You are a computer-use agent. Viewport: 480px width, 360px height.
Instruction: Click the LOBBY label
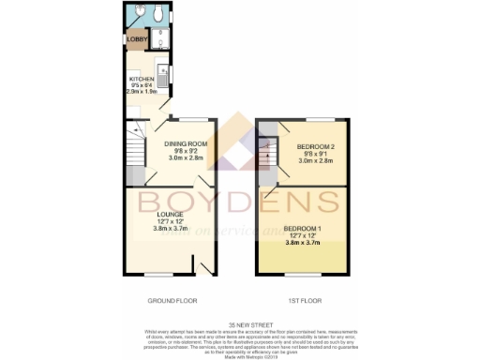[136, 38]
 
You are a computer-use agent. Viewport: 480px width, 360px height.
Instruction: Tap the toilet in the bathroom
[159, 14]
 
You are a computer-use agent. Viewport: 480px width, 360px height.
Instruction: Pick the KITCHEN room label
[142, 80]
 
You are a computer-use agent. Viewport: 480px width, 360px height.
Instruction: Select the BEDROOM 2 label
[316, 146]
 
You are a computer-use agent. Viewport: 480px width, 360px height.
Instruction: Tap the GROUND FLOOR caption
[172, 302]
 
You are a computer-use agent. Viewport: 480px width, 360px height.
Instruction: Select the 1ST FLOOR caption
[299, 302]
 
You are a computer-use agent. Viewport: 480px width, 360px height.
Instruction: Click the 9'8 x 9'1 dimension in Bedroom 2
[316, 154]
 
